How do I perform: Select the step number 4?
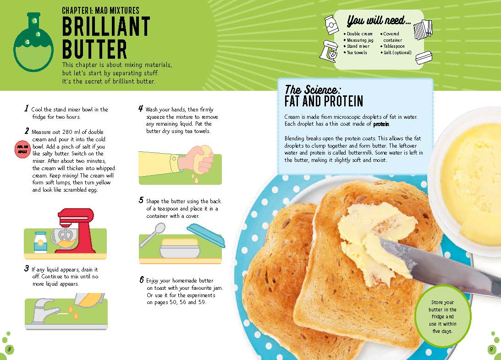point(141,109)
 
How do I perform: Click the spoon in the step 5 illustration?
point(153,233)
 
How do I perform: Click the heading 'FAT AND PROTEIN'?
point(324,101)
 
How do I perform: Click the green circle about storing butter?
point(442,316)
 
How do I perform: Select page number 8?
point(10,349)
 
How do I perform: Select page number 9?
point(491,349)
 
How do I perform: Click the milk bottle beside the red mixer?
point(41,242)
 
